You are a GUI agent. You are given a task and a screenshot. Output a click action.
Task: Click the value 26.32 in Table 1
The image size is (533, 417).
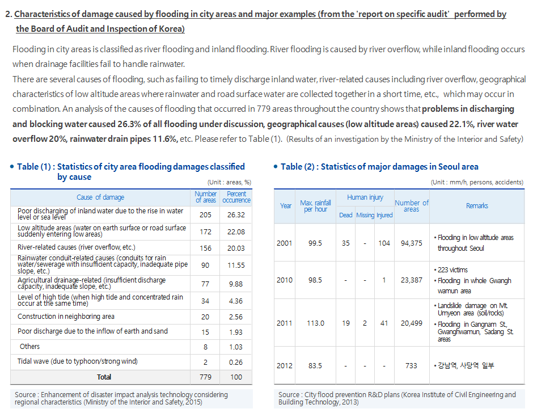[236, 215]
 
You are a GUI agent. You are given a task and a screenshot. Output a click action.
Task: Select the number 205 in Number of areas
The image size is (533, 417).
[205, 215]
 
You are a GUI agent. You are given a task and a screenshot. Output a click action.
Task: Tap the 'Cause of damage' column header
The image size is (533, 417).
[100, 197]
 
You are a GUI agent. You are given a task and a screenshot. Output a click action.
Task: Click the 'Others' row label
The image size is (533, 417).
[29, 346]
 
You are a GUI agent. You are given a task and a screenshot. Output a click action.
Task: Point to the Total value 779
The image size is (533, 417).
[205, 377]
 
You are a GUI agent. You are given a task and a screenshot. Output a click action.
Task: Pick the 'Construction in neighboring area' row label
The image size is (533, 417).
[66, 317]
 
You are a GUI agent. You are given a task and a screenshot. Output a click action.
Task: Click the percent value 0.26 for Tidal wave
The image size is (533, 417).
[236, 362]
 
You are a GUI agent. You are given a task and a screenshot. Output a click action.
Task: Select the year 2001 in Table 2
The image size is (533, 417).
[284, 243]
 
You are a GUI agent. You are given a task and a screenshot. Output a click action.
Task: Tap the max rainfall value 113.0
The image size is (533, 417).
[315, 323]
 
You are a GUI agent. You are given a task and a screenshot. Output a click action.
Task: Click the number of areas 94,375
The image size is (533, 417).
[411, 243]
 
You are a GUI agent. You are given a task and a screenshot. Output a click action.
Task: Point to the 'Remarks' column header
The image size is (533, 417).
[477, 206]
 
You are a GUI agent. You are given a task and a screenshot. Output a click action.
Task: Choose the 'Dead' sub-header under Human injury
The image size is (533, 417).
[346, 215]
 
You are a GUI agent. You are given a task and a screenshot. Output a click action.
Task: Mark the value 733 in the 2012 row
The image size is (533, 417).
[411, 365]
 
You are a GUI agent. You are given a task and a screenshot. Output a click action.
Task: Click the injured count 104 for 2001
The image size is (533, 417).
[384, 243]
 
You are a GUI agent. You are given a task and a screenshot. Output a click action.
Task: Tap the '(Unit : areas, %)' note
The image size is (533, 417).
[230, 182]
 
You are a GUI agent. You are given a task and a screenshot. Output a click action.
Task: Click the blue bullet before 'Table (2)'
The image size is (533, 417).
[276, 167]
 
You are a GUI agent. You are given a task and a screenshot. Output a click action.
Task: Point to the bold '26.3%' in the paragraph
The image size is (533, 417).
[129, 124]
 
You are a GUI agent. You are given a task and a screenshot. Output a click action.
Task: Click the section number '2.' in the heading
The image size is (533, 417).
[9, 14]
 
